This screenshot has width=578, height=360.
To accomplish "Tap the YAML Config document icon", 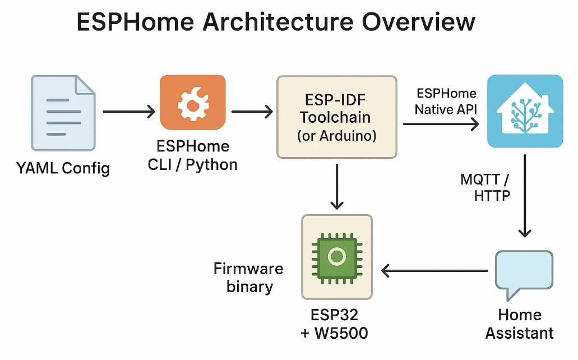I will click(63, 112).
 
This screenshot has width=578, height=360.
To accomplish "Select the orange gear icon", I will click(192, 103).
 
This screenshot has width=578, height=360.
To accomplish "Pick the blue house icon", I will click(524, 112).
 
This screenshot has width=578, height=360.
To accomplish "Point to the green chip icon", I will click(336, 257).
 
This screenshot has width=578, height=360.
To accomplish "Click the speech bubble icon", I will click(524, 273).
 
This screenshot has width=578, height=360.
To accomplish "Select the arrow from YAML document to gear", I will click(128, 112).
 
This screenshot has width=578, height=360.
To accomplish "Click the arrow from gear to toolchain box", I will click(252, 112).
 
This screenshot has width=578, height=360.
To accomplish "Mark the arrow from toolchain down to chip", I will click(336, 185).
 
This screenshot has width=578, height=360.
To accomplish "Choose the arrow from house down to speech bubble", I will click(525, 196).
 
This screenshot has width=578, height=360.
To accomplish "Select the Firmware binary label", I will click(248, 278).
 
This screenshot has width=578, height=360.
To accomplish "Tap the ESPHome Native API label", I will click(446, 101).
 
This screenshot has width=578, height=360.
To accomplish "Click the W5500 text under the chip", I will click(342, 333).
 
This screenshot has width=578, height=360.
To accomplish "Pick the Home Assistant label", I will click(520, 324).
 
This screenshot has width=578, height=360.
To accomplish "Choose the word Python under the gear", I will click(211, 164).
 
